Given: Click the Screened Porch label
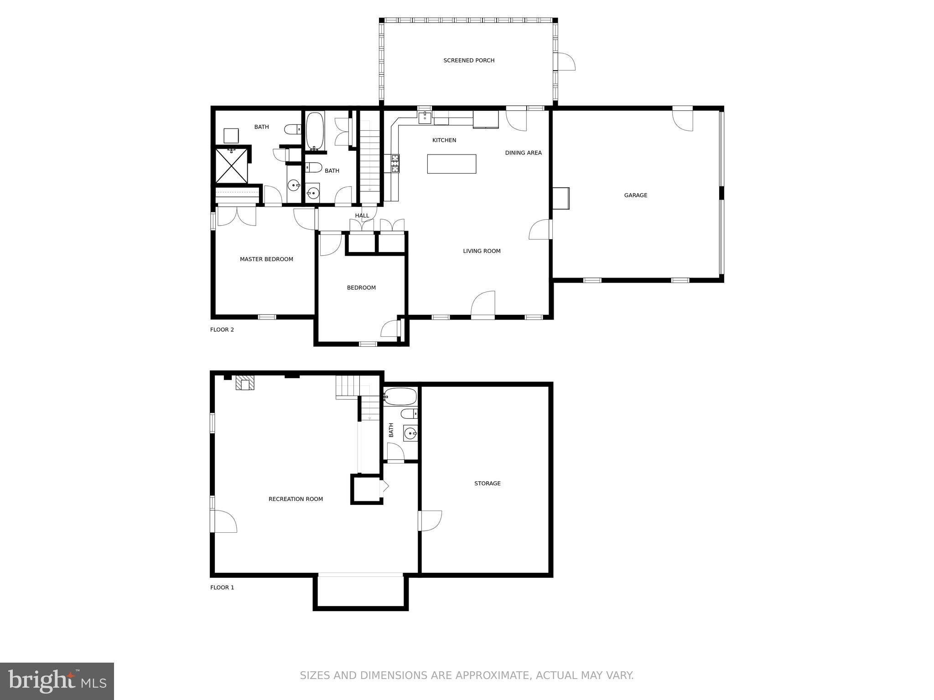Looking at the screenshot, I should [469, 61].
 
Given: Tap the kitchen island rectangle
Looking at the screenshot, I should [451, 164].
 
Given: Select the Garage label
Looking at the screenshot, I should [635, 196].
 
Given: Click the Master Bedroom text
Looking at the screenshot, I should [266, 259].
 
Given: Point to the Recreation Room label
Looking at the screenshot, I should [296, 499].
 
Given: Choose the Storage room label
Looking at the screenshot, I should [487, 484].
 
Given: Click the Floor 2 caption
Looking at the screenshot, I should [222, 329].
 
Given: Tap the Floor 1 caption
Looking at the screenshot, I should [222, 587].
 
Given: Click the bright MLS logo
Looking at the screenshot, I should [57, 681].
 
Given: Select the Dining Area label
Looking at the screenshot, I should [523, 153].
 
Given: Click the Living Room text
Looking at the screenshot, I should [482, 251].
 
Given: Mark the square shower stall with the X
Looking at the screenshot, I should [232, 166].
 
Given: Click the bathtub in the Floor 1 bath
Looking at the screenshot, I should [400, 396].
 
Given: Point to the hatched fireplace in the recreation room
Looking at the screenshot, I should [245, 383].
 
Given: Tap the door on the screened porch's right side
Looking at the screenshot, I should [565, 62].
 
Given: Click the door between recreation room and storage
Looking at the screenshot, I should [430, 520].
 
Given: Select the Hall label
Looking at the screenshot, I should [362, 216].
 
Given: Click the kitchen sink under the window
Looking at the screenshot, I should [425, 118].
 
